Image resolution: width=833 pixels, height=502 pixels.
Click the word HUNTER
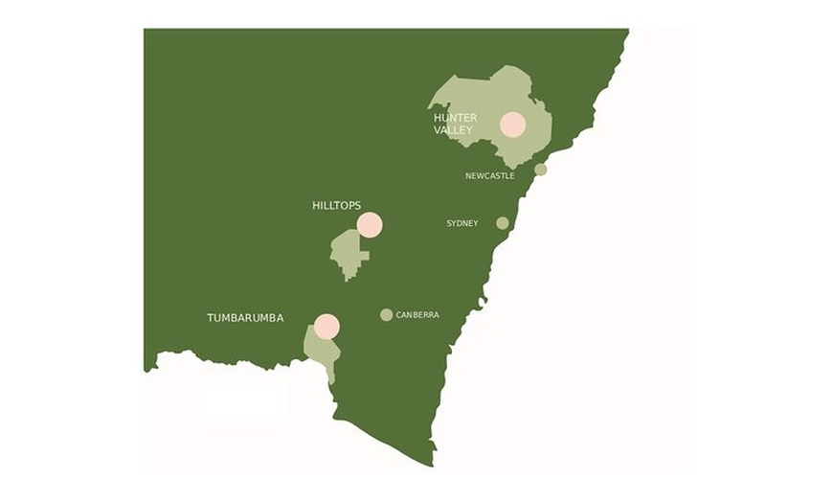[455, 118]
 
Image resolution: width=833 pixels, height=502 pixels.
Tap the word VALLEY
[453, 130]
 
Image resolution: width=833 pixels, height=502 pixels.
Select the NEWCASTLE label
[489, 176]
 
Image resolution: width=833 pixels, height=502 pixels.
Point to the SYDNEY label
[462, 223]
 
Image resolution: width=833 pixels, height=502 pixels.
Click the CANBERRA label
[416, 315]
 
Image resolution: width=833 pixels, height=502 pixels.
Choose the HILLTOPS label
[336, 206]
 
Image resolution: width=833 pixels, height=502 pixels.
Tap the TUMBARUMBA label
[245, 318]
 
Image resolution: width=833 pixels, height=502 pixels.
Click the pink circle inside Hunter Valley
[512, 125]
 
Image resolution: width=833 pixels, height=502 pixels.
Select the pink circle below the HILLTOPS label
[370, 225]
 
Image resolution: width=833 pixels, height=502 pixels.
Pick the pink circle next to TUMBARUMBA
[326, 327]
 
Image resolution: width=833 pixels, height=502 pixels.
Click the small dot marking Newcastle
[540, 170]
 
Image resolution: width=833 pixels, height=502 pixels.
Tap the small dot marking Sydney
[503, 223]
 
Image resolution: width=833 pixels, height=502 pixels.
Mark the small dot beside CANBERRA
[386, 315]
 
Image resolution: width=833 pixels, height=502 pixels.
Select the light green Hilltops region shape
[347, 254]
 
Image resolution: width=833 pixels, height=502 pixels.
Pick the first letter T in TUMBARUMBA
[211, 318]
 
